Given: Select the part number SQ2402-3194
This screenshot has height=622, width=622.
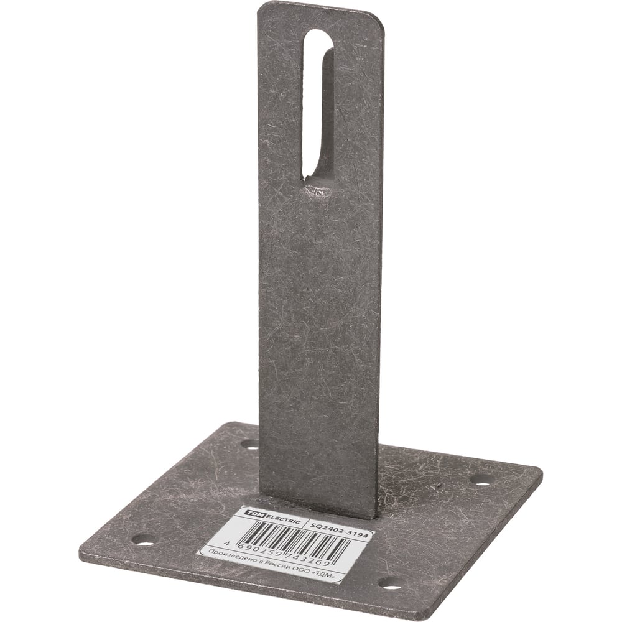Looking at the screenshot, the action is tap(338, 529).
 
